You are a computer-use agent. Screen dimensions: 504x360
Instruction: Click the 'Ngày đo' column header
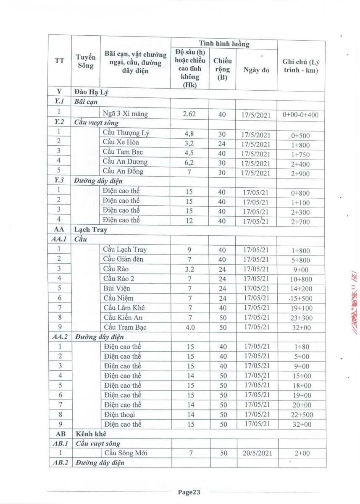256,70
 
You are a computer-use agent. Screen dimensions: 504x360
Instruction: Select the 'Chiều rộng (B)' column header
222,70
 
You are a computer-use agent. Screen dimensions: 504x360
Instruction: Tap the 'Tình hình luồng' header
224,44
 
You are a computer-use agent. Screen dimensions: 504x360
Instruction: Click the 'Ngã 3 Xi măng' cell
125,113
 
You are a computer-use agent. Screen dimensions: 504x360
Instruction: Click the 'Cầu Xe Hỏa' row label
121,143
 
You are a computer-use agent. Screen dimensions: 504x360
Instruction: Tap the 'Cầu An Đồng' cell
123,172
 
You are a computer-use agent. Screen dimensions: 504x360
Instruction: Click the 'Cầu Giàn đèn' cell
123,260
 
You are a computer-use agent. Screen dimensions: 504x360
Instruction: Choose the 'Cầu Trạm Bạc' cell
125,327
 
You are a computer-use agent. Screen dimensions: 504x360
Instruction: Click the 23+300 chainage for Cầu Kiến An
301,318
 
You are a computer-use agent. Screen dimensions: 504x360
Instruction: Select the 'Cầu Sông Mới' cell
125,453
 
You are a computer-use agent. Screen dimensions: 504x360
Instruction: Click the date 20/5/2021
258,453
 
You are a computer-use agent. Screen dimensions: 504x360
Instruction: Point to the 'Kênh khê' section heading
90,433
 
